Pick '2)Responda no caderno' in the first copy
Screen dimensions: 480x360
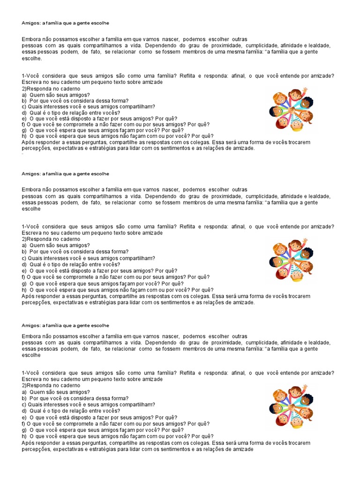point(51,89)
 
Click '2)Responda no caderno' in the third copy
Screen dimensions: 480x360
point(51,385)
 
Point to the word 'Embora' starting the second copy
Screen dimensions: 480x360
point(31,190)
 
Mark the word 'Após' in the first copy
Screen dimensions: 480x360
point(28,142)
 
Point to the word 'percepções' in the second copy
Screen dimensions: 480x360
point(36,303)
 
